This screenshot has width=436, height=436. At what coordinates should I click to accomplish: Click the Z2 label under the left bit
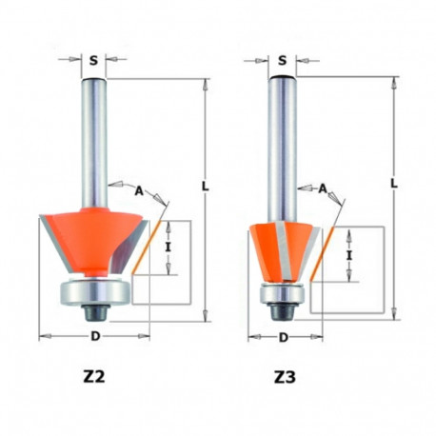pos(93,376)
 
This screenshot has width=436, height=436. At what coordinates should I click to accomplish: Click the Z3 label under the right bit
pos(284,376)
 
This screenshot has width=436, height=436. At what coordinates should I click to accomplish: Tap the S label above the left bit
pos(93,60)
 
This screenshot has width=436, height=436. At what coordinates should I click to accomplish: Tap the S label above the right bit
pos(284,60)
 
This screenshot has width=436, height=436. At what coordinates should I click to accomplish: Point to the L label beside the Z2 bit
pos(205,187)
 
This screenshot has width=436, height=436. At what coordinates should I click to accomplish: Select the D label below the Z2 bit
pos(93,336)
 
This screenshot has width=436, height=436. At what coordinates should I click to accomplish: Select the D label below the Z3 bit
pos(284,338)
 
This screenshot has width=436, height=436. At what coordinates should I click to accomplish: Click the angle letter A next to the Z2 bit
pos(138,191)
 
